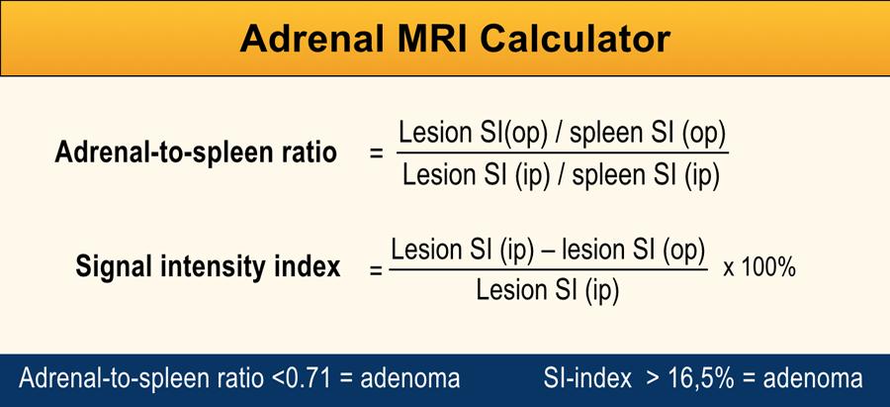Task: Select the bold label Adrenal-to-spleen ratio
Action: click(x=196, y=153)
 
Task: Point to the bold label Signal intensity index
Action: click(x=208, y=266)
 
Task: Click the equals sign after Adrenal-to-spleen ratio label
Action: click(x=377, y=153)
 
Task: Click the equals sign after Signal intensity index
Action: click(x=377, y=270)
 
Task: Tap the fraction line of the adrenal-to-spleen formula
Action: click(x=563, y=153)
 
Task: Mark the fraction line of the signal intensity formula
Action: click(x=548, y=269)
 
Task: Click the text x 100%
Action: click(x=759, y=268)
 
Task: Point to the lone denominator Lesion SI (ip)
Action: click(x=548, y=290)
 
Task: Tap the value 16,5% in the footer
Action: click(x=701, y=379)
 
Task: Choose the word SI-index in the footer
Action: click(x=587, y=378)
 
